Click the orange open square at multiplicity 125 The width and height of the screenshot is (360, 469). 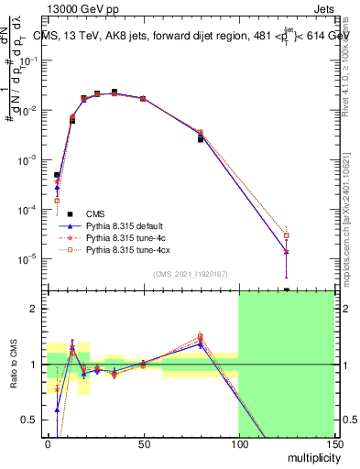tap(287, 235)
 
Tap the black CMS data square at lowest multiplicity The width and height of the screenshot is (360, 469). tap(57, 175)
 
